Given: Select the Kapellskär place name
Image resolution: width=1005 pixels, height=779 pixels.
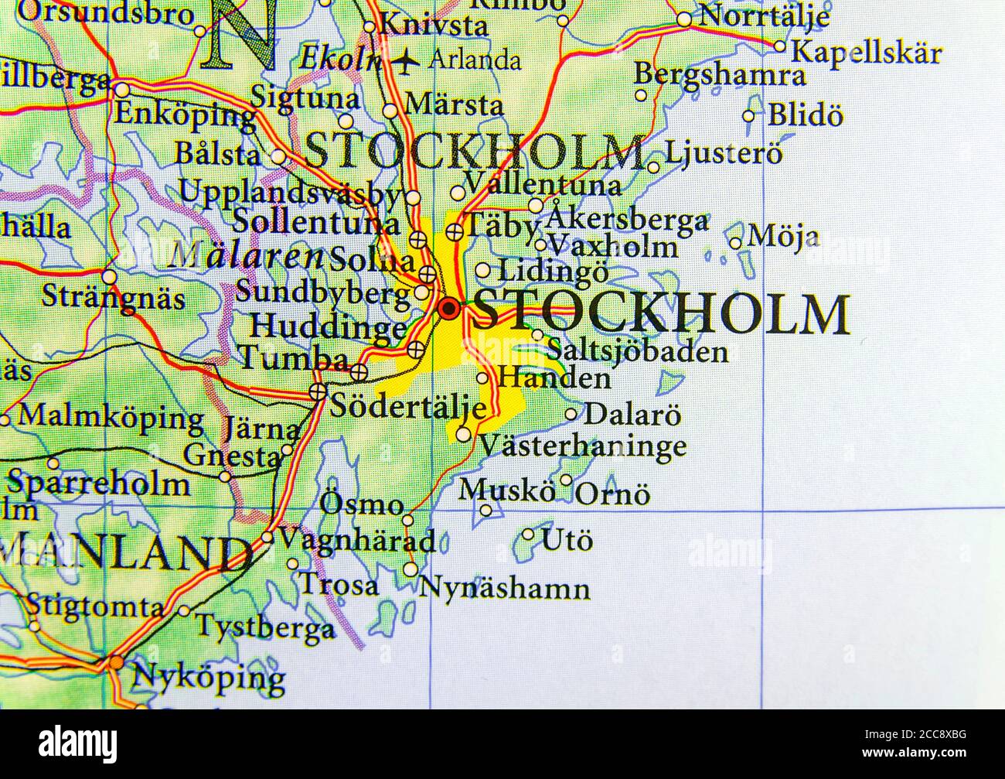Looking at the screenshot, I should (x=867, y=53).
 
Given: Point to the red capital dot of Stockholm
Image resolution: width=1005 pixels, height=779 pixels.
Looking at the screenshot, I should (x=448, y=309).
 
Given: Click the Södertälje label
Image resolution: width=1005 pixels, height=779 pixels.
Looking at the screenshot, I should (x=408, y=408).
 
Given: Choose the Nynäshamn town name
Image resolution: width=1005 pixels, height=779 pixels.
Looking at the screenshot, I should (x=504, y=588).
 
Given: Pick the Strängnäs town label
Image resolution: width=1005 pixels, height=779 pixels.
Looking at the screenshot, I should (x=113, y=296).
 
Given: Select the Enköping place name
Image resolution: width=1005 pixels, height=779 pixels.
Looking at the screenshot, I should (x=184, y=114).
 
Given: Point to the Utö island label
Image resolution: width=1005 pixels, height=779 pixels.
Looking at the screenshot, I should (x=567, y=539).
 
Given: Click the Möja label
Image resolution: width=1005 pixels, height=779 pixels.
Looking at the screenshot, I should (x=784, y=236).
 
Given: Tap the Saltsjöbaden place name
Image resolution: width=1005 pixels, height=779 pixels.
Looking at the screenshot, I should (x=637, y=352).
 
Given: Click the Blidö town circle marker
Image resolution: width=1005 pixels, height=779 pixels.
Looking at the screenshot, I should (x=748, y=117).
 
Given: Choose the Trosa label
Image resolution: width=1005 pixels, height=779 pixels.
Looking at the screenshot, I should (x=339, y=585).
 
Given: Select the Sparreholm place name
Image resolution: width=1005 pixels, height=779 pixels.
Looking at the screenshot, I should (x=98, y=484).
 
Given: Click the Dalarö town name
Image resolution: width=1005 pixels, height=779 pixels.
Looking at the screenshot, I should (x=632, y=414).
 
